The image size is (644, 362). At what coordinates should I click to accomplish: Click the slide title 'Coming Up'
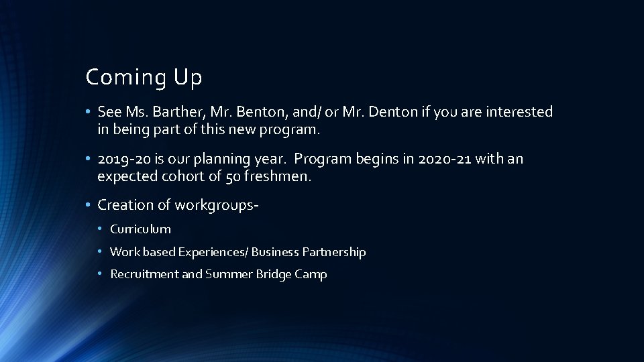click(144, 78)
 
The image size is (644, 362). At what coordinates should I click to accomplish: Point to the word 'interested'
click(520, 112)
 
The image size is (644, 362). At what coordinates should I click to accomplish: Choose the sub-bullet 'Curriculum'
click(140, 229)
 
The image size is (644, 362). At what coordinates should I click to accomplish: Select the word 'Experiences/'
click(212, 252)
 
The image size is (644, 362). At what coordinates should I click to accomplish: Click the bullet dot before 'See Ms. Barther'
click(89, 112)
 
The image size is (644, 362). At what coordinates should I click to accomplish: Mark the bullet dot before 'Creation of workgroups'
click(89, 204)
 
